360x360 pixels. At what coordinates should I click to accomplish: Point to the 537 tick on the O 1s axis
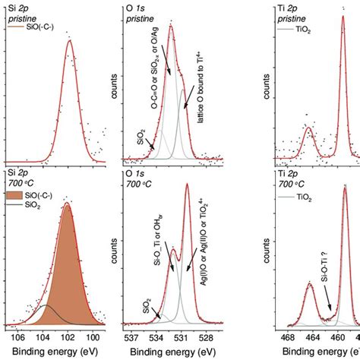pos(131,331)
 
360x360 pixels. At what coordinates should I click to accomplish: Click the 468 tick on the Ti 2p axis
pos(288,331)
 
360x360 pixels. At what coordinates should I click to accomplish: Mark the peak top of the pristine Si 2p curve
pos(70,41)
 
